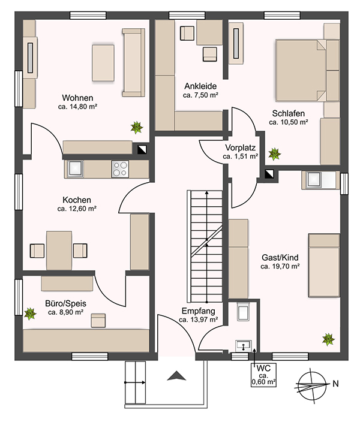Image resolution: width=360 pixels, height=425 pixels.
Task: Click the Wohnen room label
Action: [77, 98]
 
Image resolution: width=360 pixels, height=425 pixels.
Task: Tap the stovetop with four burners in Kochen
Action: [120, 169]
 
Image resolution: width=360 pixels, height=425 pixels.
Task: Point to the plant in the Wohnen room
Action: [137, 128]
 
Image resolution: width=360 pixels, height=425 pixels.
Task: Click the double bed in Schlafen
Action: [301, 71]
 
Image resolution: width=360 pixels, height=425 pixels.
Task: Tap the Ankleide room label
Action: [200, 86]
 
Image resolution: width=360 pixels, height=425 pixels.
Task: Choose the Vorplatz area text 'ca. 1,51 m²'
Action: [241, 156]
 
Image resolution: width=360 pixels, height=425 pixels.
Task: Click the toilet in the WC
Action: [243, 311]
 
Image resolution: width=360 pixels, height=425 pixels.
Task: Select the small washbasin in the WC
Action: [244, 346]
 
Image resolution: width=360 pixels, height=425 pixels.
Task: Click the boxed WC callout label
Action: [263, 375]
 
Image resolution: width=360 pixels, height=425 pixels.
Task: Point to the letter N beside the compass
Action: [335, 384]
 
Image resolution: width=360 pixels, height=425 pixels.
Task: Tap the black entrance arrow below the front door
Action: [176, 376]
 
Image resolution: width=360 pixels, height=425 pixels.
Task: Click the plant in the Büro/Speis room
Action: [30, 314]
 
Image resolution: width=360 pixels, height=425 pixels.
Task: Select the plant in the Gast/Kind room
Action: [328, 339]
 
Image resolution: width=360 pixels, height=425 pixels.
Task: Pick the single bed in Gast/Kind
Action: [324, 266]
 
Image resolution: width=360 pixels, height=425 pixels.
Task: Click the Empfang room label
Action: [199, 311]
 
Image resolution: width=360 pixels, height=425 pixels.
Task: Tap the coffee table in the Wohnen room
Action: [103, 63]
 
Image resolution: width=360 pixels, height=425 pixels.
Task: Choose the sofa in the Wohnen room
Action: [133, 62]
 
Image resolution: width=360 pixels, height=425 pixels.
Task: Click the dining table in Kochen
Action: [59, 251]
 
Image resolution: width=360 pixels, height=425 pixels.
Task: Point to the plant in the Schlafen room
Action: [275, 154]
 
